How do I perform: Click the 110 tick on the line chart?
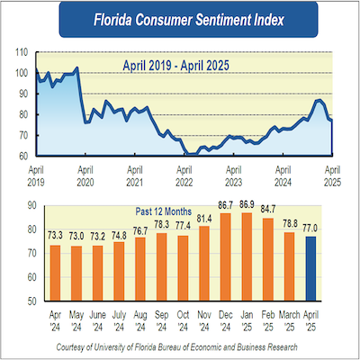pos(20,52)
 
